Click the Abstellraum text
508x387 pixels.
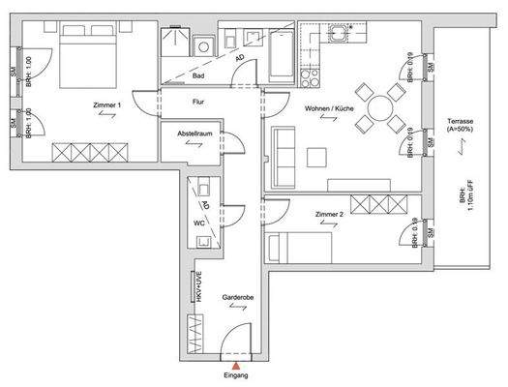tap(195, 134)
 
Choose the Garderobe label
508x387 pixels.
tap(237, 297)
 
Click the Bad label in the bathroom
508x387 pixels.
tap(199, 74)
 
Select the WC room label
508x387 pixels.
tap(198, 222)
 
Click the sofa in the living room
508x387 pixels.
tap(283, 156)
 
